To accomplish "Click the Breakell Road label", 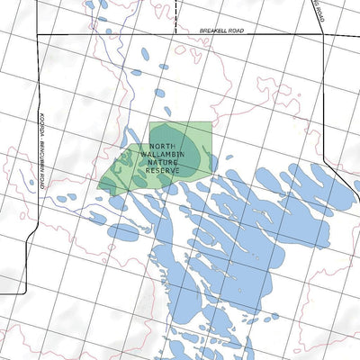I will pos(220,30).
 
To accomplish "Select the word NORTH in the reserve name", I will pos(163,146).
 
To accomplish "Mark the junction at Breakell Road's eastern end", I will pos(323,35).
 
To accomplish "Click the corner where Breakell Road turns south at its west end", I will pos(37,35).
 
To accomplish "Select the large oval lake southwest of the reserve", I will pos(124,232).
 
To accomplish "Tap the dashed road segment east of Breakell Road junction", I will pos(342,35).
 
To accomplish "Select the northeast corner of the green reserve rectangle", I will pos(211,123).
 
